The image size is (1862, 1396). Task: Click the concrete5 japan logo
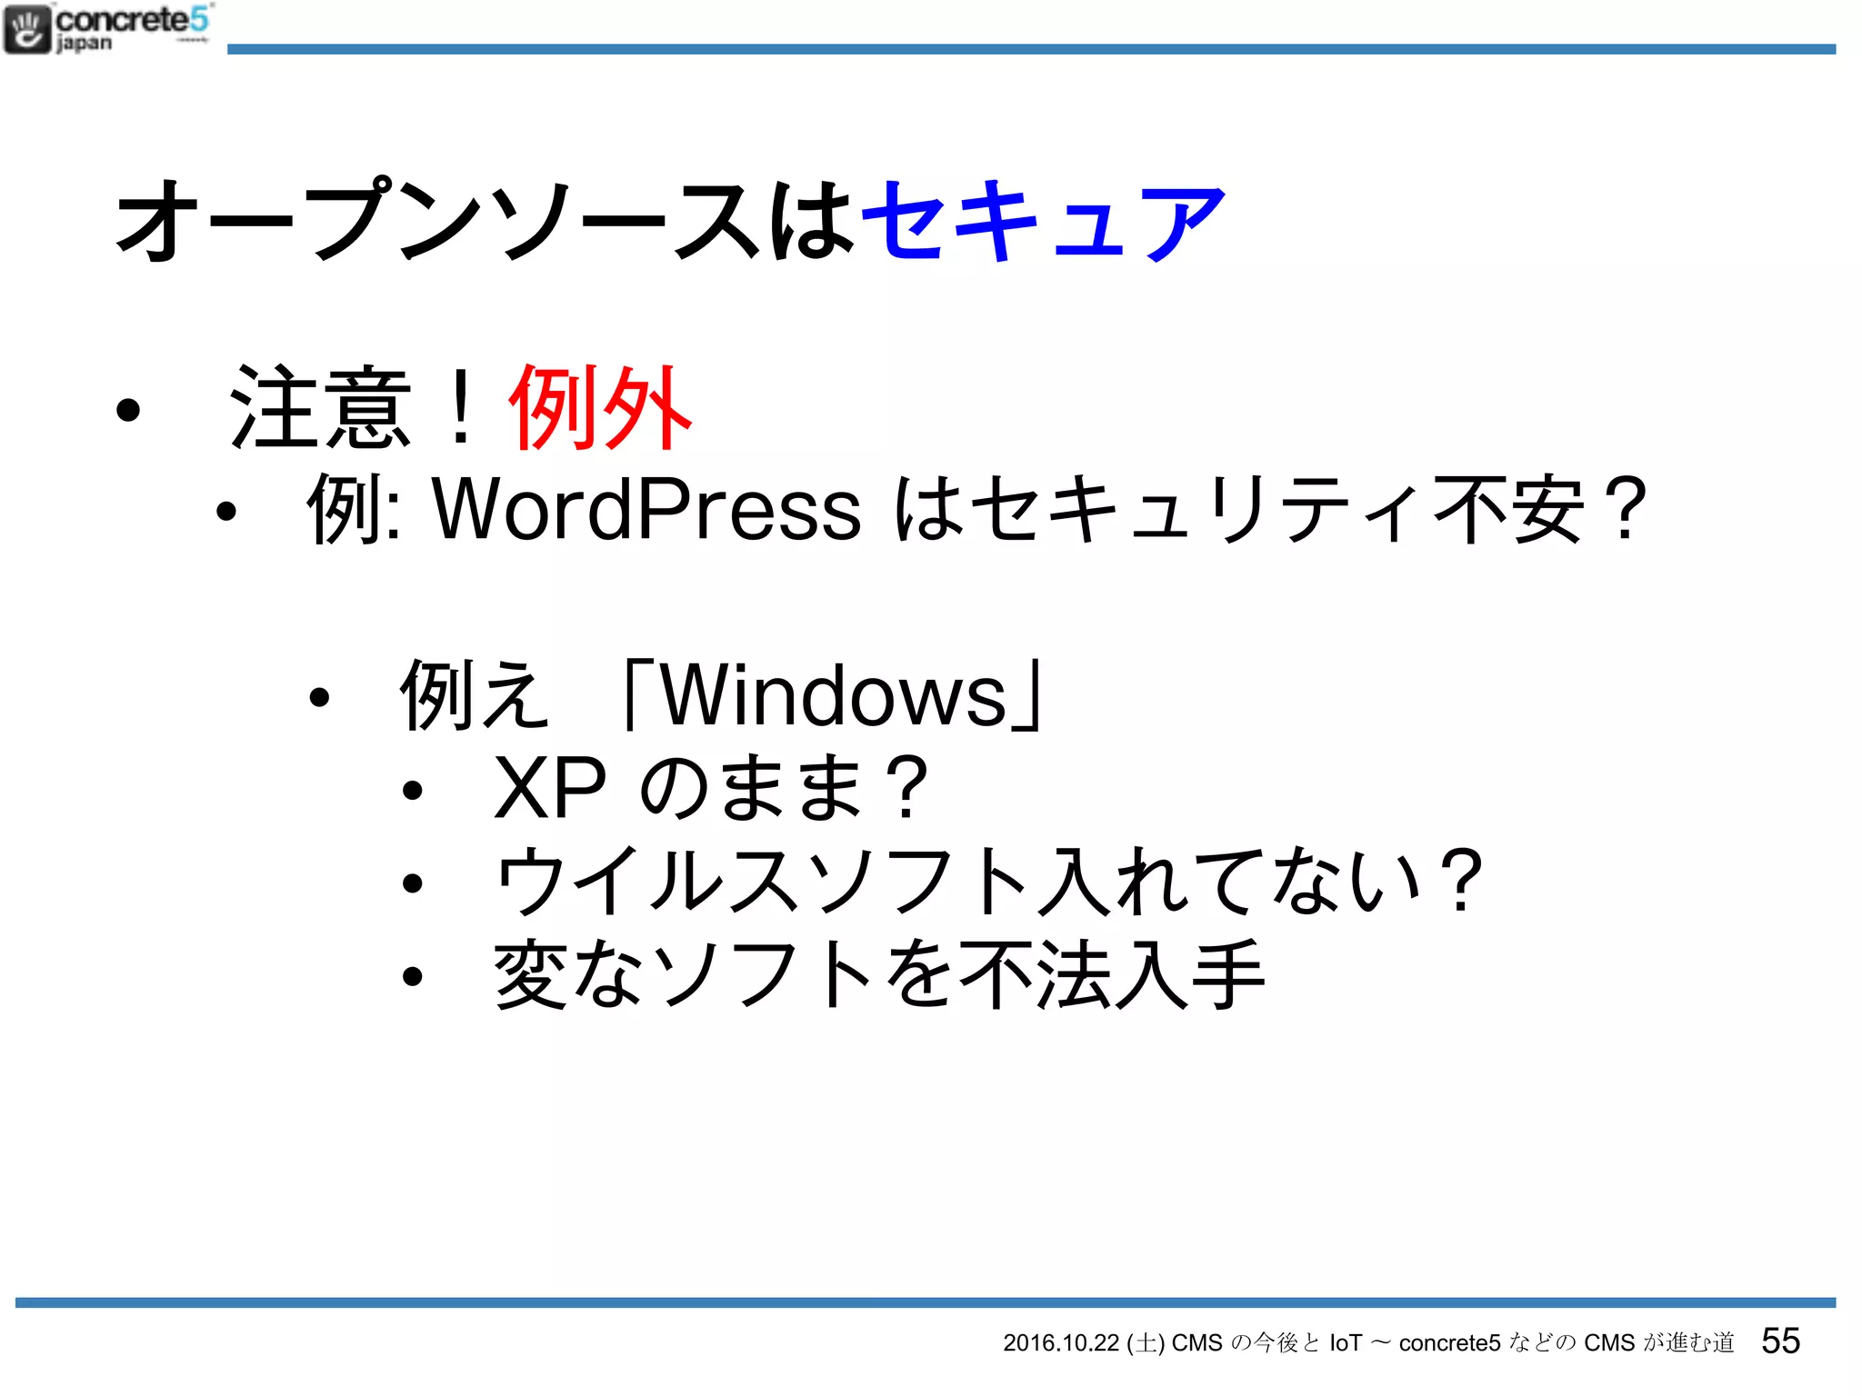pyautogui.click(x=107, y=29)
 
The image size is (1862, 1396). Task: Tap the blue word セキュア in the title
pyautogui.click(x=1043, y=221)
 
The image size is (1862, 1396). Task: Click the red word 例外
pyautogui.click(x=601, y=408)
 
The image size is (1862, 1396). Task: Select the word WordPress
pyautogui.click(x=646, y=509)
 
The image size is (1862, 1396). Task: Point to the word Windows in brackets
pyautogui.click(x=834, y=696)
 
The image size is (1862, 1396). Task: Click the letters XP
pyautogui.click(x=550, y=787)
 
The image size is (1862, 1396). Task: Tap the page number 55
pyautogui.click(x=1780, y=1341)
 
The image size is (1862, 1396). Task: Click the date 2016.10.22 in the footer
pyautogui.click(x=1060, y=1343)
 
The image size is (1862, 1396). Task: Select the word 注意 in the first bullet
pyautogui.click(x=321, y=408)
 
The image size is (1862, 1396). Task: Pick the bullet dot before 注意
pyautogui.click(x=128, y=411)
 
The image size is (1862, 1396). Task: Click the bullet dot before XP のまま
pyautogui.click(x=413, y=791)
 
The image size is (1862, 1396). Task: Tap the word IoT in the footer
pyautogui.click(x=1346, y=1343)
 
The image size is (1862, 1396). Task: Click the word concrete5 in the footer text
pyautogui.click(x=1449, y=1343)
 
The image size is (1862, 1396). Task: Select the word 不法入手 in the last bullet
pyautogui.click(x=1111, y=975)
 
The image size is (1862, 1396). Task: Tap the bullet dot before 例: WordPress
pyautogui.click(x=225, y=513)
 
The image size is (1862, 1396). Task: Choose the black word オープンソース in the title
pyautogui.click(x=440, y=221)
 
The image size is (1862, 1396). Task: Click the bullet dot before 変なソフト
pyautogui.click(x=413, y=977)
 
